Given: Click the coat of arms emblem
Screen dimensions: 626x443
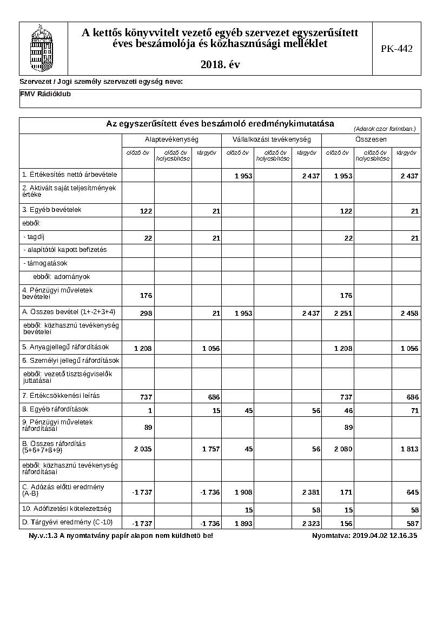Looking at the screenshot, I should pos(43,48).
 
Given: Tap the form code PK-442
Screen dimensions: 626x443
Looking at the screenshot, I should pos(396,49).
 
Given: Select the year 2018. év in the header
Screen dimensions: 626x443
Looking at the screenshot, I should pos(220,64).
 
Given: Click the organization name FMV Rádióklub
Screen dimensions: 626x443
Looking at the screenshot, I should pos(45,94).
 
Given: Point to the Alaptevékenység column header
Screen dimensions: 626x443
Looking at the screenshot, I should pos(171,139).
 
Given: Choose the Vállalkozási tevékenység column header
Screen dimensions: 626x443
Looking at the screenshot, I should pos(272,139).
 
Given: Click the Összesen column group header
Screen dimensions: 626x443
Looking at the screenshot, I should pos(371,139).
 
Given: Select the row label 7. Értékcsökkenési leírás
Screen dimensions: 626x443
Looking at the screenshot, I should pos(61,396).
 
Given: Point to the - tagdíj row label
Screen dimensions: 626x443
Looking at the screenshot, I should pos(34,236).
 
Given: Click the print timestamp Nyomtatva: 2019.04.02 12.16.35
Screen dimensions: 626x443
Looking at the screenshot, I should pos(364,536).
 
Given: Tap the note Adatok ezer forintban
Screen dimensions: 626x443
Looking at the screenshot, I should pos(385,129).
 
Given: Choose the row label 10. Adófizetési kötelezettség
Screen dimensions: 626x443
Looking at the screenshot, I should pos(67,509).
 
